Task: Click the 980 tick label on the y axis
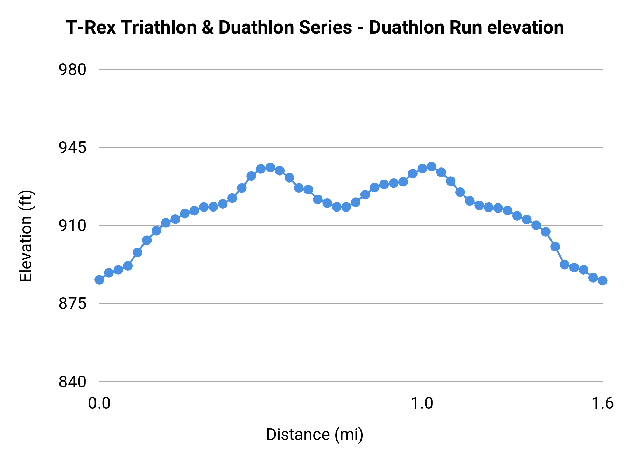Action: (72, 70)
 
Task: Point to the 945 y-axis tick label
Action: (72, 148)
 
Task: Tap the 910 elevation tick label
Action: (72, 226)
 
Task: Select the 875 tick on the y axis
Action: (72, 304)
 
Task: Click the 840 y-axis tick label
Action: (72, 382)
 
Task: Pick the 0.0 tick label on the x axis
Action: (99, 403)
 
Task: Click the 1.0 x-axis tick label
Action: (422, 403)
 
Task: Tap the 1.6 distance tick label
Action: (602, 403)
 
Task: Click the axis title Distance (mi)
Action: (315, 435)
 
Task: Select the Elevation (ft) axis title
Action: (26, 236)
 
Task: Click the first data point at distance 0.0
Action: (99, 280)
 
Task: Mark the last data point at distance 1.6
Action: (602, 280)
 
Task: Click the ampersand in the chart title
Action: (208, 28)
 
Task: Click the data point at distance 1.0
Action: (422, 169)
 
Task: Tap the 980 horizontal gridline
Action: (350, 70)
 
